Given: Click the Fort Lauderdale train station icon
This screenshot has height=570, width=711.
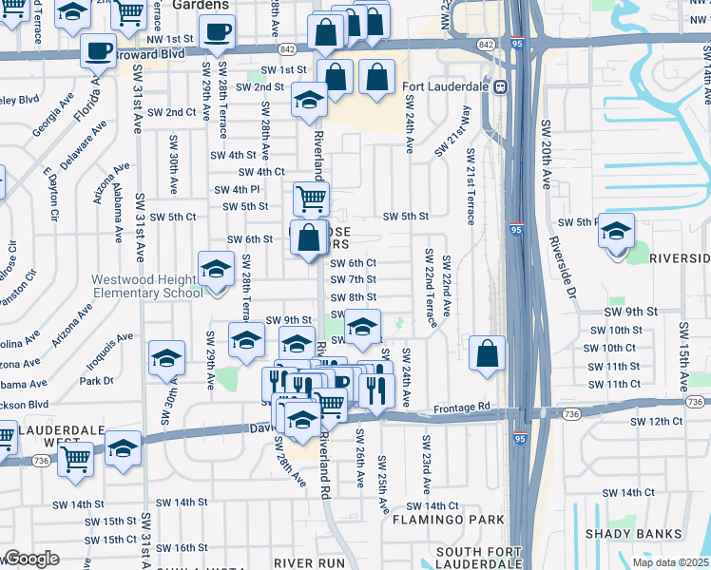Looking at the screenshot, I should (x=500, y=86).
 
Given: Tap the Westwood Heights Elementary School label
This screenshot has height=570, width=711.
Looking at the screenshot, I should (x=146, y=286).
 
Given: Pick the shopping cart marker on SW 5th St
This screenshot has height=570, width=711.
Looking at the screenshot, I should (x=311, y=199).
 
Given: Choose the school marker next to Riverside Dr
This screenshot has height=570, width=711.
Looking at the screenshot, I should (x=617, y=232).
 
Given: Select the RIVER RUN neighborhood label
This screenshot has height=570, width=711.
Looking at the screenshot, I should (x=309, y=563).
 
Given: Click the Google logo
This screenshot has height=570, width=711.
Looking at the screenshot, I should (x=30, y=559).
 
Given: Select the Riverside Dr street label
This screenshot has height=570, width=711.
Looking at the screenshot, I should (x=563, y=267).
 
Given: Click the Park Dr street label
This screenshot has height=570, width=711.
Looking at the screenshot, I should (x=96, y=381).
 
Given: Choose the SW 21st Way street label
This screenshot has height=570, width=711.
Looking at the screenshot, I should (x=452, y=131).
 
